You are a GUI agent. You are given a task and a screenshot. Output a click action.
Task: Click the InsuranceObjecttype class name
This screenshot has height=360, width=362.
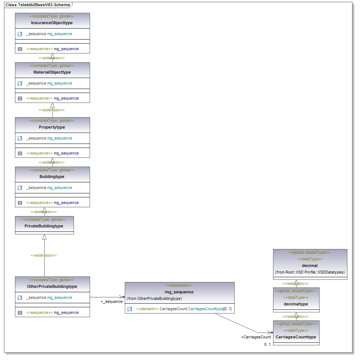pyautogui.click(x=52, y=23)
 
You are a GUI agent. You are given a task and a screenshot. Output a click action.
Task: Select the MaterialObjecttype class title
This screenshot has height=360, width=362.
pyautogui.click(x=52, y=72)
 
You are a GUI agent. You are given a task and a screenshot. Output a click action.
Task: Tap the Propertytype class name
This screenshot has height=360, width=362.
pyautogui.click(x=52, y=127)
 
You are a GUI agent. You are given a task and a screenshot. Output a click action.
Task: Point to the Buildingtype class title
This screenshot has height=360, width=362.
pyautogui.click(x=52, y=177)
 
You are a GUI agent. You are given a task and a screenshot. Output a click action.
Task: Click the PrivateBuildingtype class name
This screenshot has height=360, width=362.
pyautogui.click(x=44, y=226)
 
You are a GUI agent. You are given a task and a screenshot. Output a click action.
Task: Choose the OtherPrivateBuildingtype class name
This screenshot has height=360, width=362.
pyautogui.click(x=52, y=286)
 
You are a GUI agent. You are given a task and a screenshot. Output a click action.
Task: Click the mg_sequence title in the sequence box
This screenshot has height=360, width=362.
pyautogui.click(x=179, y=292)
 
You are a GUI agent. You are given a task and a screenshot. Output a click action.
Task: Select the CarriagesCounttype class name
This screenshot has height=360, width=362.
pyautogui.click(x=296, y=337)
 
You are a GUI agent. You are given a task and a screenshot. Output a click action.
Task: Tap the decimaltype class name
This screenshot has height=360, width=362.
pyautogui.click(x=296, y=304)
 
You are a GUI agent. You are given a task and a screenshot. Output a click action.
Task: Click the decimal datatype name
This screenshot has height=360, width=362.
pyautogui.click(x=310, y=266)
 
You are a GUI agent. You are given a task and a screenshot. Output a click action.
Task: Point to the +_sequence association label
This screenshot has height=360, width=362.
pyautogui.click(x=112, y=301)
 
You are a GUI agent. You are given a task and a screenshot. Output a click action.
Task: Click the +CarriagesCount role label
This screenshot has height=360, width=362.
pyautogui.click(x=256, y=337)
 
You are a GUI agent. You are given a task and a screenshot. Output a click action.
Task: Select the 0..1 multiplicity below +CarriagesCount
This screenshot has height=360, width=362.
pyautogui.click(x=267, y=344)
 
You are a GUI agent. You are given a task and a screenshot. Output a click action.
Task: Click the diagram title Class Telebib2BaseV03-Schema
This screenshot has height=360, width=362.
pyautogui.click(x=38, y=5)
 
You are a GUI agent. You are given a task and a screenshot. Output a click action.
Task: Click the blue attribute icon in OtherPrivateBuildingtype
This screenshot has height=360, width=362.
pyautogui.click(x=20, y=298)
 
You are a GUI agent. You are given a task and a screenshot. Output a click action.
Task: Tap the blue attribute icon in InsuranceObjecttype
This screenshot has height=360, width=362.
pyautogui.click(x=20, y=34)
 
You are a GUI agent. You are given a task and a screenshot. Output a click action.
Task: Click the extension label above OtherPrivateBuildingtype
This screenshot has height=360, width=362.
pyautogui.click(x=44, y=255)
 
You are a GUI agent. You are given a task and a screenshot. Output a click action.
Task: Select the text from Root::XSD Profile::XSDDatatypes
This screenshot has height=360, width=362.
pyautogui.click(x=310, y=272)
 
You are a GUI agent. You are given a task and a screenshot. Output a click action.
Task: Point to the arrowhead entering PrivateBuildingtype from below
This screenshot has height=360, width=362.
pyautogui.click(x=44, y=237)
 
